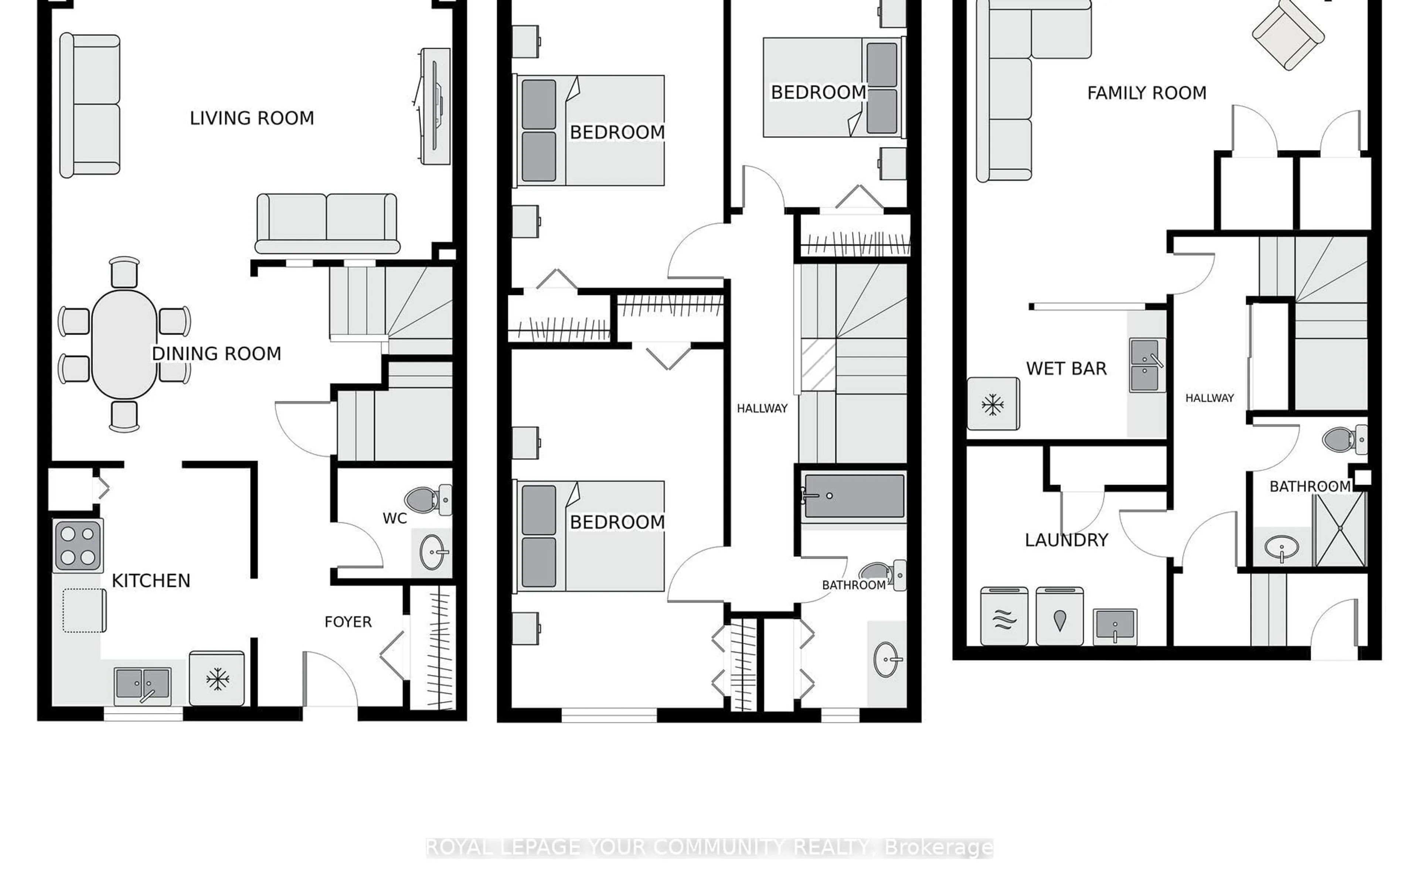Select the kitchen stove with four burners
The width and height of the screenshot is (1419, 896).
(78, 545)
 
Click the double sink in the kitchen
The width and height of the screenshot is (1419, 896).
(143, 686)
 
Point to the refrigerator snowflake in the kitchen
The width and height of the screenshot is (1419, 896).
(217, 679)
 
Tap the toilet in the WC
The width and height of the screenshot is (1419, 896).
(428, 500)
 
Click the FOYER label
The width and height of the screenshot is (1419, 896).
(348, 622)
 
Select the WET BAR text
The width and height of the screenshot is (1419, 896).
(1066, 369)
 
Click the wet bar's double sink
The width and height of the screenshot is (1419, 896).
(1147, 365)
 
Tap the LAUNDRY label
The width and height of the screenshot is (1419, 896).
(1066, 540)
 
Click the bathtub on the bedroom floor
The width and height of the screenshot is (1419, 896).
(853, 496)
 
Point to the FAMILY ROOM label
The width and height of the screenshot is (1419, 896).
(1146, 93)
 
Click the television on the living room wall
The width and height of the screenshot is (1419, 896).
(435, 106)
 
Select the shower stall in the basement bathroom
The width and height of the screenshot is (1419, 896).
(1340, 529)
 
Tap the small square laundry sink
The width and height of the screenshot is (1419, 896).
(1115, 626)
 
